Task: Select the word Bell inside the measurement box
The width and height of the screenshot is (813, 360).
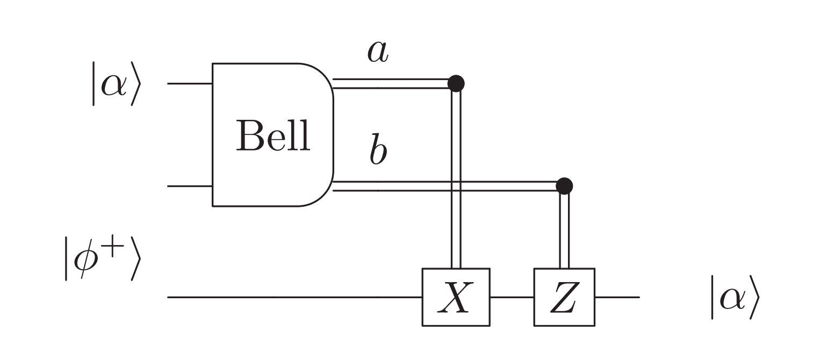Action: pos(273,135)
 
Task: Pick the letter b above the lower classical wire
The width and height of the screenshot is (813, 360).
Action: pos(378,152)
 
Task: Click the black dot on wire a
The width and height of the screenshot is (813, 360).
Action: pos(456,83)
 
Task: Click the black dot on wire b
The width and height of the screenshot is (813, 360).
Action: pos(564,186)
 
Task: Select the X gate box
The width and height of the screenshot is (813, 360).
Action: pos(455,297)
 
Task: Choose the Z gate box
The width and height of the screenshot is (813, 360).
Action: pos(564,297)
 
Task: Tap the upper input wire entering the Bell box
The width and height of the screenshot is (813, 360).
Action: pos(190,84)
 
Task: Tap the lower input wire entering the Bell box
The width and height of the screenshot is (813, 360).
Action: pos(190,186)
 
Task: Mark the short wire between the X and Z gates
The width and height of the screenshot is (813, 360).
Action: pos(512,297)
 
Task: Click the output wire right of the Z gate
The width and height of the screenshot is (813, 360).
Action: pos(617,297)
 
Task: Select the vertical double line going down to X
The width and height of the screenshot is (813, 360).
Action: pos(456,177)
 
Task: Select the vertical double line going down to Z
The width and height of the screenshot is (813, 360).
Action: pos(564,231)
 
